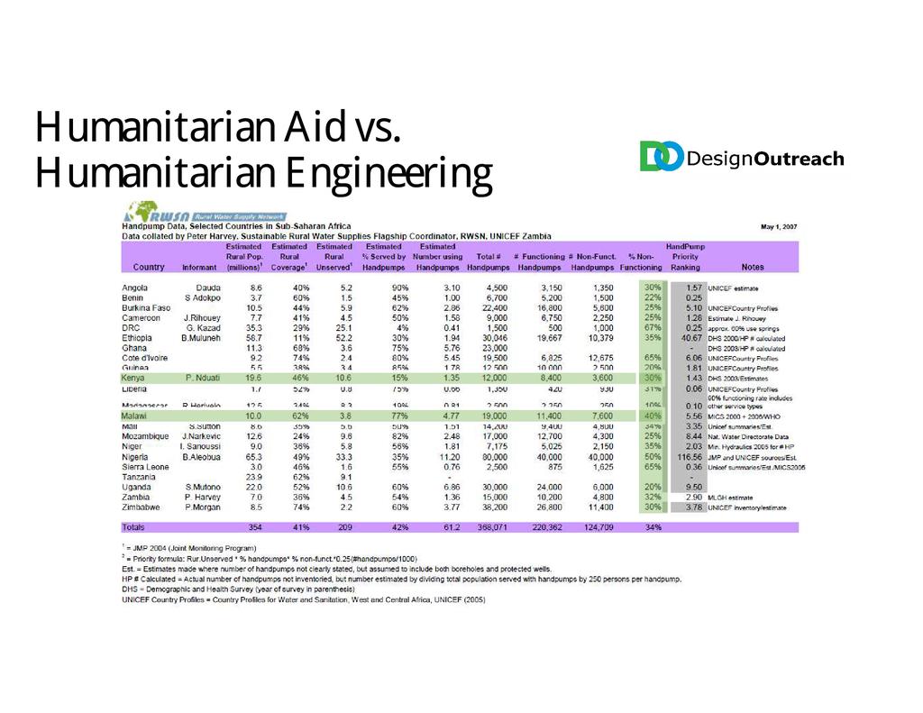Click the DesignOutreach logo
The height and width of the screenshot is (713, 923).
tap(742, 157)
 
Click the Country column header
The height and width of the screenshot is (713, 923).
tap(149, 267)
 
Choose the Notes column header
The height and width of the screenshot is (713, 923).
tap(752, 267)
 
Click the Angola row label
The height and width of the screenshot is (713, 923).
tap(136, 288)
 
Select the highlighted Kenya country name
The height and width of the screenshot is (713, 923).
tap(135, 379)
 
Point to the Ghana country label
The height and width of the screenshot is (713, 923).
tap(134, 348)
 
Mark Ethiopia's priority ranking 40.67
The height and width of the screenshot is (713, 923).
tap(688, 338)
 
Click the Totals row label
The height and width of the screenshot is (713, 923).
tap(134, 526)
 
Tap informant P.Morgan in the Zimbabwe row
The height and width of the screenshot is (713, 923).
tap(202, 507)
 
